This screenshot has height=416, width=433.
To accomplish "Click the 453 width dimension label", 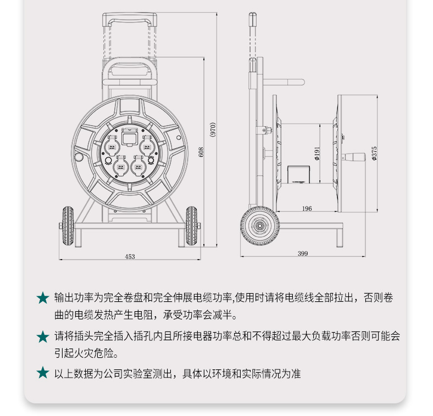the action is click(130, 256).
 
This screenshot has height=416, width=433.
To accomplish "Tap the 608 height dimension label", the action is click(201, 152).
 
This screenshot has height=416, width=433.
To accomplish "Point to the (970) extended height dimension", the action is click(212, 130).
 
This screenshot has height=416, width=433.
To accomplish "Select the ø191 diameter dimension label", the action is click(317, 154).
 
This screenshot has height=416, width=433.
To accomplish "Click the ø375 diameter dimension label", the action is click(374, 153).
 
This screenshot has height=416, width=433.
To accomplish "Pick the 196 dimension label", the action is click(307, 209).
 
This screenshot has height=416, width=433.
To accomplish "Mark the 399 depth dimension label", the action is click(303, 254).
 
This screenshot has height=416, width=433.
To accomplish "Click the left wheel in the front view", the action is click(68, 226).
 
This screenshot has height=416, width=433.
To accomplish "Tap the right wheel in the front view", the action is click(191, 226).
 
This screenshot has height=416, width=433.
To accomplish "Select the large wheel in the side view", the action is click(259, 226).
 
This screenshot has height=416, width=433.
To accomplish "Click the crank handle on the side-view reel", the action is click(353, 157).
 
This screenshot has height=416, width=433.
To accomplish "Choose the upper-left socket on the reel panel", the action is click(113, 145).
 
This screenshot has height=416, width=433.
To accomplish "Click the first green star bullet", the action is click(43, 298).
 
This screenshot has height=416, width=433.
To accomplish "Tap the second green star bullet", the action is click(43, 337).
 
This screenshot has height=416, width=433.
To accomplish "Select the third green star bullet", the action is click(43, 373).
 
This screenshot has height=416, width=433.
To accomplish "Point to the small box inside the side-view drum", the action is click(298, 175).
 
